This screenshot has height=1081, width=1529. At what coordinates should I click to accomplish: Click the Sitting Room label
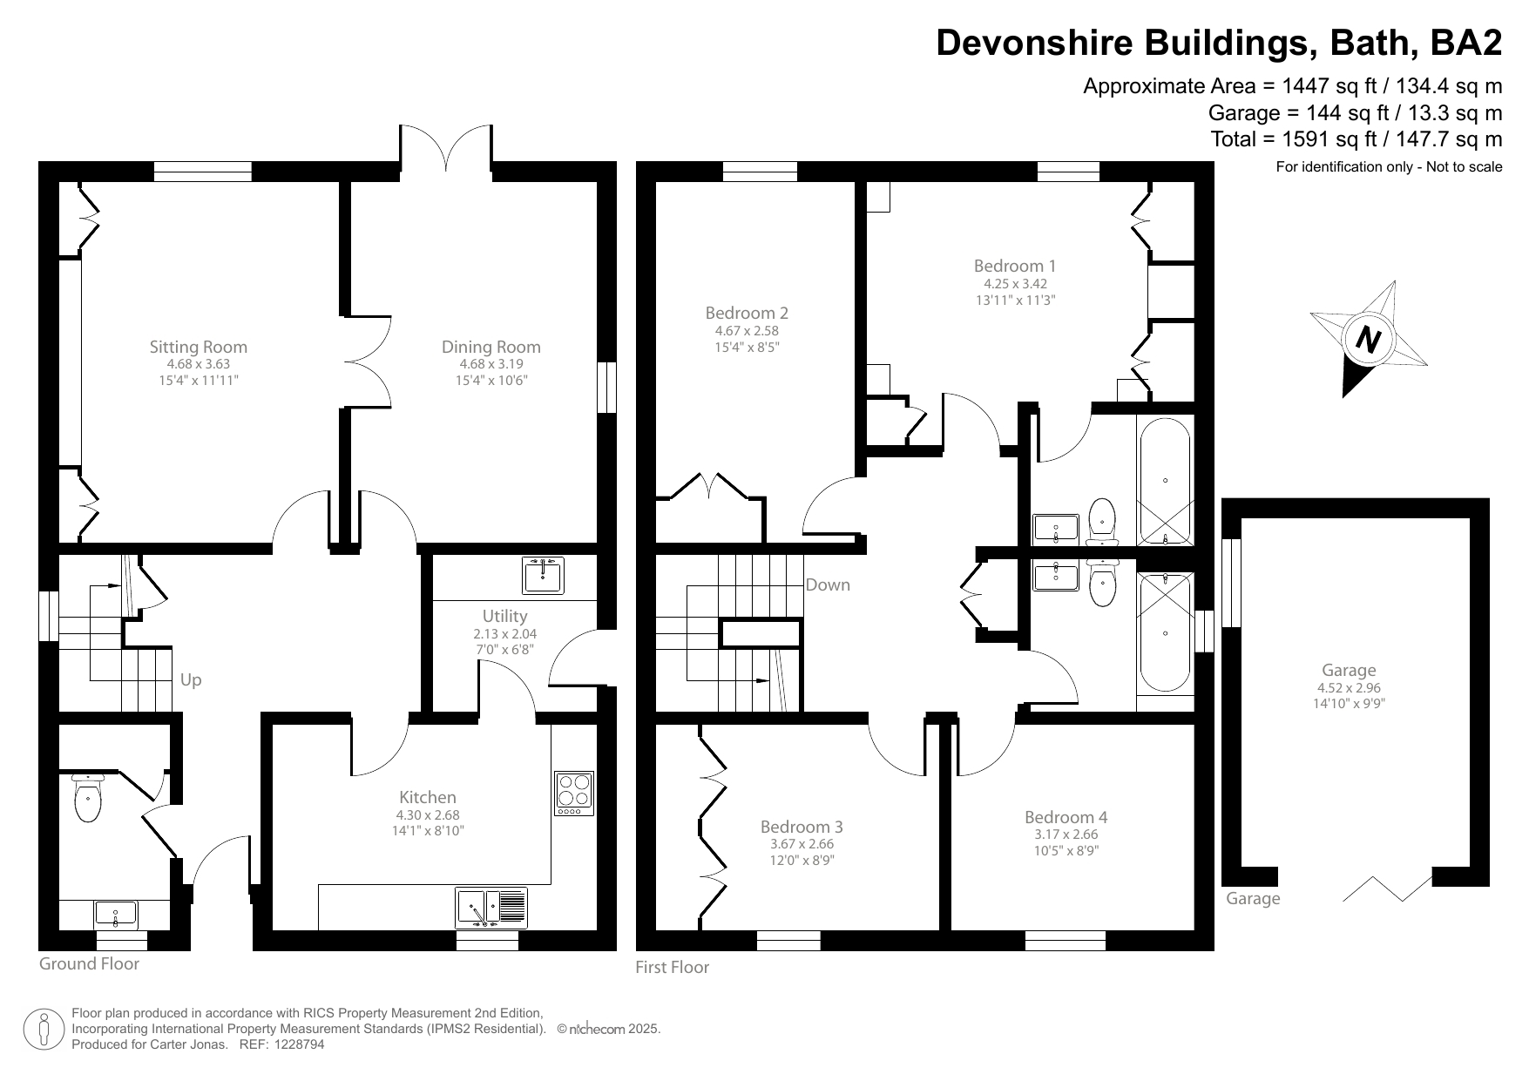198,347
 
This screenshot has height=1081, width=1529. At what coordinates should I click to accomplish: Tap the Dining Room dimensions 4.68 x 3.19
490,364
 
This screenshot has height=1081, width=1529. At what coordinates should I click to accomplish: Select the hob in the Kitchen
574,794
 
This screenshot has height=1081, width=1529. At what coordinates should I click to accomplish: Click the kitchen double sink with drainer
491,908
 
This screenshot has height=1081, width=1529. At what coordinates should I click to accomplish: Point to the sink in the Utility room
544,575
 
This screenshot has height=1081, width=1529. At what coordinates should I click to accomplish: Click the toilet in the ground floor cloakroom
88,799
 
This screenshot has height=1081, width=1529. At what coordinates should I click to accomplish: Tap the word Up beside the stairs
191,679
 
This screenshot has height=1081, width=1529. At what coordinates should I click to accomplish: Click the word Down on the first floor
827,584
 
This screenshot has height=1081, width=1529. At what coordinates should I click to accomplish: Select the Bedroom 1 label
1014,266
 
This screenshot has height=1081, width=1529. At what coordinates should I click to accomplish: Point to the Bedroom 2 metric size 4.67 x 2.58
747,331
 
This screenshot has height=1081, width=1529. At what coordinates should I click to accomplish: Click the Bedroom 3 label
801,827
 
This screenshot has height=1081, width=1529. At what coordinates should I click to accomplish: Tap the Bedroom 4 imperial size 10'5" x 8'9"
1066,851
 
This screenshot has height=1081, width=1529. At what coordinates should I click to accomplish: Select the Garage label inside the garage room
1349,670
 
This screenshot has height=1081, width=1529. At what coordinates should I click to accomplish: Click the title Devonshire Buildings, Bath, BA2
1219,43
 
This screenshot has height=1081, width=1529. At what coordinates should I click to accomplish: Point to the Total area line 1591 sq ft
1356,139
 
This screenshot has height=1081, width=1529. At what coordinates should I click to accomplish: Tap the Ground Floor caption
89,963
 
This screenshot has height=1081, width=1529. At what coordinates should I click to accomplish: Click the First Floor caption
672,967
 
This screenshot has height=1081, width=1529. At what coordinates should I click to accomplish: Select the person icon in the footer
44,1030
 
